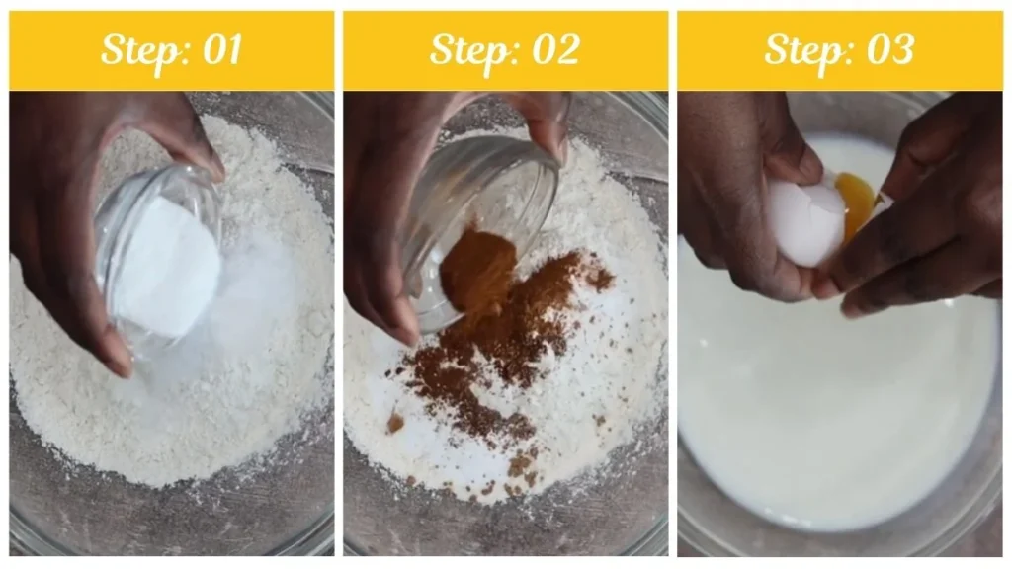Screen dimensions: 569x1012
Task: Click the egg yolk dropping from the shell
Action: click(856, 203)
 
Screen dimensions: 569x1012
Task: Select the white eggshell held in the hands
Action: click(806, 221)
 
